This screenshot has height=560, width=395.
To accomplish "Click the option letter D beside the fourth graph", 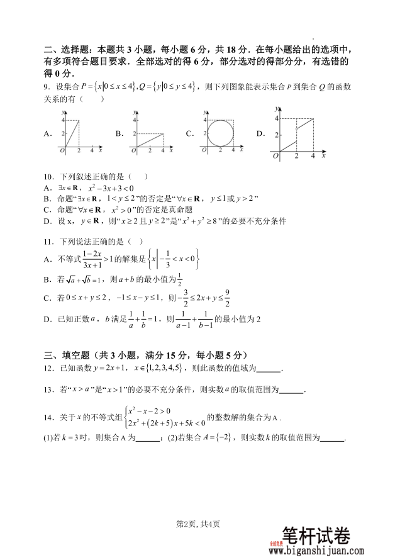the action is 260,133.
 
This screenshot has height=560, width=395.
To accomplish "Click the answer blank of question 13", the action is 291,390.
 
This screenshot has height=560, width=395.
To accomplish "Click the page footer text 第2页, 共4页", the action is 197,524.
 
